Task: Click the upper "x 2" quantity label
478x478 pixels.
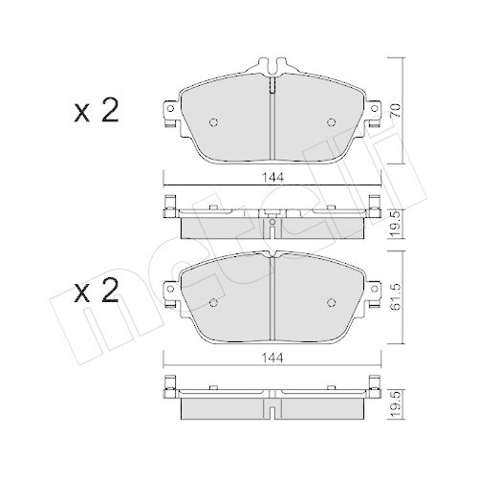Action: [96, 113]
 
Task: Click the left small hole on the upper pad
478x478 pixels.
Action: [213, 121]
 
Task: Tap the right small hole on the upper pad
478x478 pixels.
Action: [331, 121]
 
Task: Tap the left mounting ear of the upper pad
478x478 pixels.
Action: [170, 113]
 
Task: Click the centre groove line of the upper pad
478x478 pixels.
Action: [272, 124]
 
